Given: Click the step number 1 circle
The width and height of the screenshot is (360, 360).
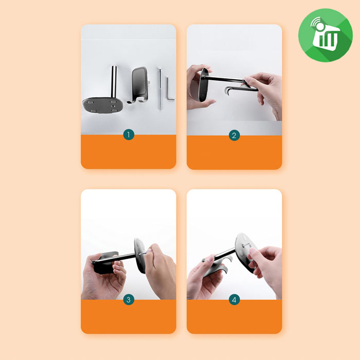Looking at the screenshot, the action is pos(129,135).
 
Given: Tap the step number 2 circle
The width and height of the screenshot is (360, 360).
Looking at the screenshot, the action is pos(234,135).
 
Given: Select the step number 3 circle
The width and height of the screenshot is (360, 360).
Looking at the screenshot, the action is pos(129,300).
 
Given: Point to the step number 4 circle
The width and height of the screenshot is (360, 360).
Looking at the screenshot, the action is pos(234,300).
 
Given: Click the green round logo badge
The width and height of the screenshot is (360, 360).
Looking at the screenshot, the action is pos(326,35).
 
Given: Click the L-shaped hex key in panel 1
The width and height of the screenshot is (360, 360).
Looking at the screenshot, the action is pos(169,89).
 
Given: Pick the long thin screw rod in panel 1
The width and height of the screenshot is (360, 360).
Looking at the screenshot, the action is pos(160,88).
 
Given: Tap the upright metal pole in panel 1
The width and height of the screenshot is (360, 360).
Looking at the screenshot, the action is pos(114,82).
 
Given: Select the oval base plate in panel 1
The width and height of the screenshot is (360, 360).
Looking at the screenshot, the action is pos(103,105).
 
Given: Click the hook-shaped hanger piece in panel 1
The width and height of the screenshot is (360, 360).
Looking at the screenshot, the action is pos(139,85).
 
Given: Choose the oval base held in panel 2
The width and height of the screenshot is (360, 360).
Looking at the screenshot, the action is pos(204,85).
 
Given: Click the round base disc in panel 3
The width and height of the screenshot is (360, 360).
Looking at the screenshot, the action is pos(140,256).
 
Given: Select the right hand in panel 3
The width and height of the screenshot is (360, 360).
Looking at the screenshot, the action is pos(160,271).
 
